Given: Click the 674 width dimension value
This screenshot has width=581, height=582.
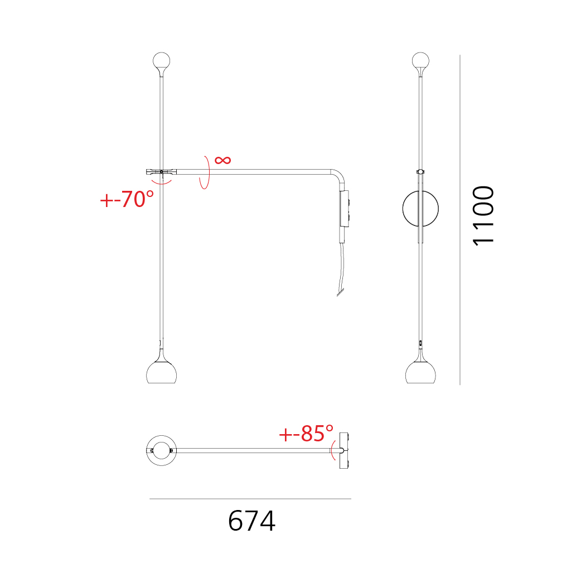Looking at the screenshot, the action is click(x=251, y=521).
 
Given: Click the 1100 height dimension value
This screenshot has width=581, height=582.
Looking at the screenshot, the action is click(x=483, y=215).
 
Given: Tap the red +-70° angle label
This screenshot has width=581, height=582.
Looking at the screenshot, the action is click(x=127, y=199).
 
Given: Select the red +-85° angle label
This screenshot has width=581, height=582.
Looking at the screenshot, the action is click(x=306, y=433).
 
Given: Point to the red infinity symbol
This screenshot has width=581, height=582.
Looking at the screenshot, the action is click(x=222, y=160).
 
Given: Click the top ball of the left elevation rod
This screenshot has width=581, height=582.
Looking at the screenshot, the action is click(x=161, y=60).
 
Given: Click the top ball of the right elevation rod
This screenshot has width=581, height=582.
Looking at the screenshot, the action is click(x=420, y=60).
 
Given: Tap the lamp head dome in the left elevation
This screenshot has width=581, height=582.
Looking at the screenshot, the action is click(x=161, y=372).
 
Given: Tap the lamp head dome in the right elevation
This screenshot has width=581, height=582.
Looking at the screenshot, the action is click(x=420, y=372).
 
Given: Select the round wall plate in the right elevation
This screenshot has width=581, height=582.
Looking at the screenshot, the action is click(x=403, y=208).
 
